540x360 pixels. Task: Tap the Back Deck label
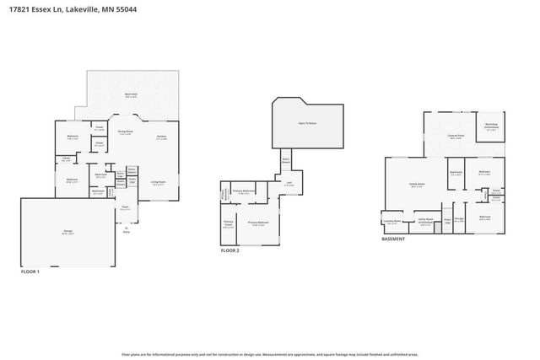[132, 95]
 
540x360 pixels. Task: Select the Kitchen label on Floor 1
[160, 137]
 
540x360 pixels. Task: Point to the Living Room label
[158, 182]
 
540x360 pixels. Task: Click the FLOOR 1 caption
[30, 271]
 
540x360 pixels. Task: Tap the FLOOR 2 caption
[229, 251]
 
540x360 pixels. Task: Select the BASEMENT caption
[392, 239]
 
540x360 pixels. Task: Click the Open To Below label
[307, 123]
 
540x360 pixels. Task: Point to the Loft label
[289, 183]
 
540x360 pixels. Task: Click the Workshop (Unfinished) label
[490, 126]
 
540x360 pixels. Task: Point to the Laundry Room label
[391, 223]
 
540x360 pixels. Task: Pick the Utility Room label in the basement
[425, 223]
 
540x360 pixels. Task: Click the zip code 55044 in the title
[127, 9]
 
